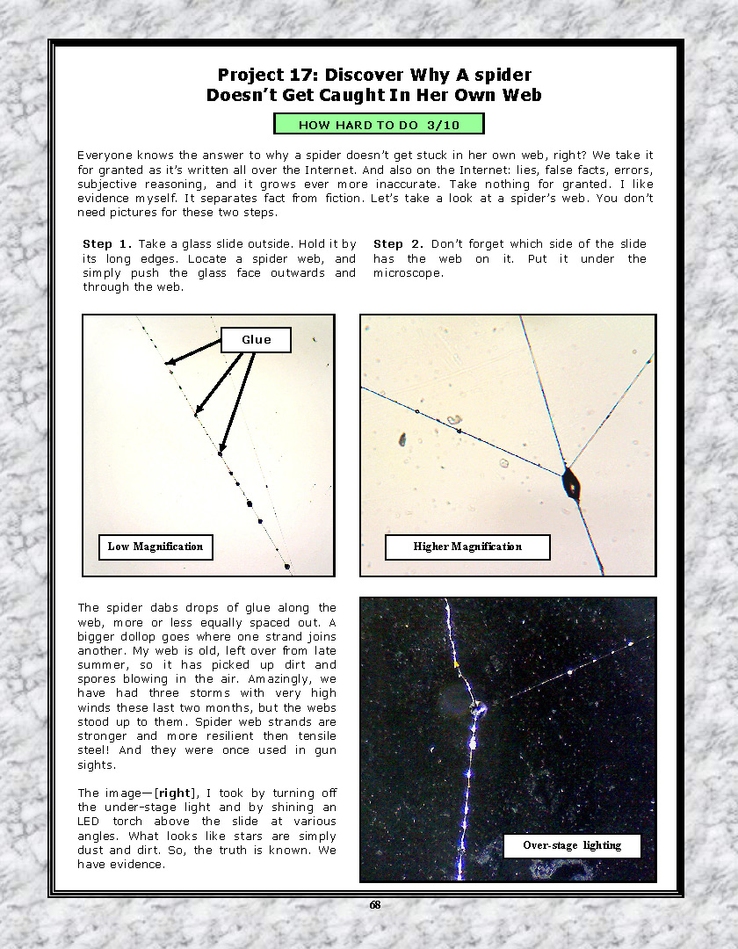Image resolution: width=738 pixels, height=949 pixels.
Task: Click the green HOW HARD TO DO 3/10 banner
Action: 379,125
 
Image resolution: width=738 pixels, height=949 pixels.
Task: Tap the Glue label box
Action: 256,340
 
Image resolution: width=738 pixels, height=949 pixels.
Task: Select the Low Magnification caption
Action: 155,547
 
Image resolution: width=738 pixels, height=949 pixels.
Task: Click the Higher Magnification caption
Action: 467,547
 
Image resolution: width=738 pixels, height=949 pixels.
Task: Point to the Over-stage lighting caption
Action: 572,845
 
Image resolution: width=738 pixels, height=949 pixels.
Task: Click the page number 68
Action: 375,906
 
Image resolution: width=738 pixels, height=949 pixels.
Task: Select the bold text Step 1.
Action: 106,243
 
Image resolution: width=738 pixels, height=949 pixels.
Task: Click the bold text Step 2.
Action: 398,243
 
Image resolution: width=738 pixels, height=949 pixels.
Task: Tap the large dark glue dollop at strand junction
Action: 572,483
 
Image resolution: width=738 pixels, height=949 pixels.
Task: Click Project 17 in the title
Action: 266,75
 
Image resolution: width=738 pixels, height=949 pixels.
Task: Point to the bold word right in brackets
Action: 174,793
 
